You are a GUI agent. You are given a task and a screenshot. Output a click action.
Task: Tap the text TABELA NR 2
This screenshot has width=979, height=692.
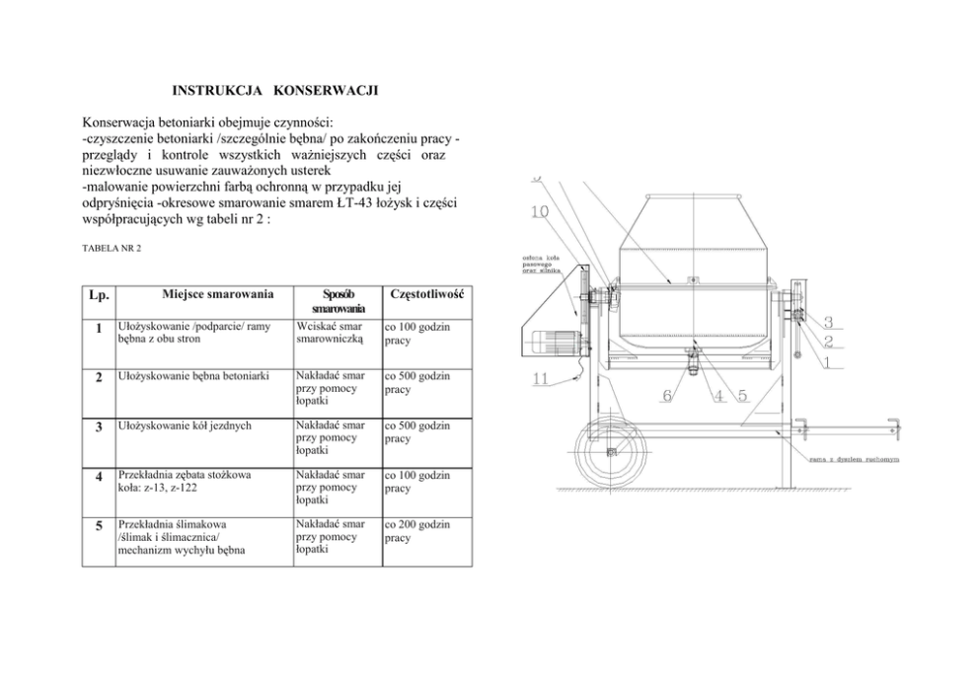point(111,248)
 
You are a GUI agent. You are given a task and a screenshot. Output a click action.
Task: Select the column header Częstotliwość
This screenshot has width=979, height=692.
point(426,294)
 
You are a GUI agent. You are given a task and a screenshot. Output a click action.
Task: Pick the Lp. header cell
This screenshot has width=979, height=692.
point(98,295)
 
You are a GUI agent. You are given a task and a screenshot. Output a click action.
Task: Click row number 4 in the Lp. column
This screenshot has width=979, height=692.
point(98,478)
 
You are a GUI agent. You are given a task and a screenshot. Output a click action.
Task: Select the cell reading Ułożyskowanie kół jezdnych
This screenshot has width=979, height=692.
point(184,425)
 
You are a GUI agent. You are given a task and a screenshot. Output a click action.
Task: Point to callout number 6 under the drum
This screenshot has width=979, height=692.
point(667,396)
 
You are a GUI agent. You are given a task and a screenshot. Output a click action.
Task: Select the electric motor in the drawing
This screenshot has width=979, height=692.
point(545,342)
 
